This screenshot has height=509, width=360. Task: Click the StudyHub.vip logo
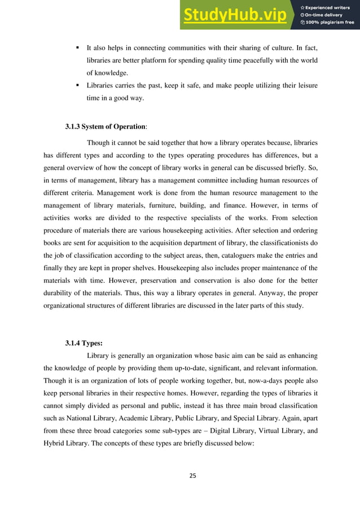[238, 15]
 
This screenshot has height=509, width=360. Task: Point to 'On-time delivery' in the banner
[326, 15]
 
